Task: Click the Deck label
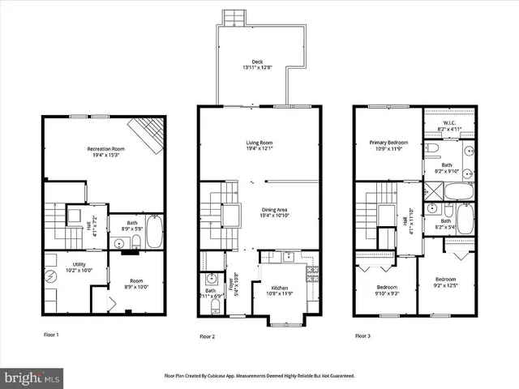[x=256, y=62]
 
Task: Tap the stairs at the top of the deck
[x=234, y=16]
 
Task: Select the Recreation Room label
[x=105, y=149]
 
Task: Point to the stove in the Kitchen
[x=311, y=272]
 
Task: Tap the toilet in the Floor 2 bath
[x=215, y=307]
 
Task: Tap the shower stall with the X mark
[x=431, y=191]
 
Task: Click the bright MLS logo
[x=32, y=378]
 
